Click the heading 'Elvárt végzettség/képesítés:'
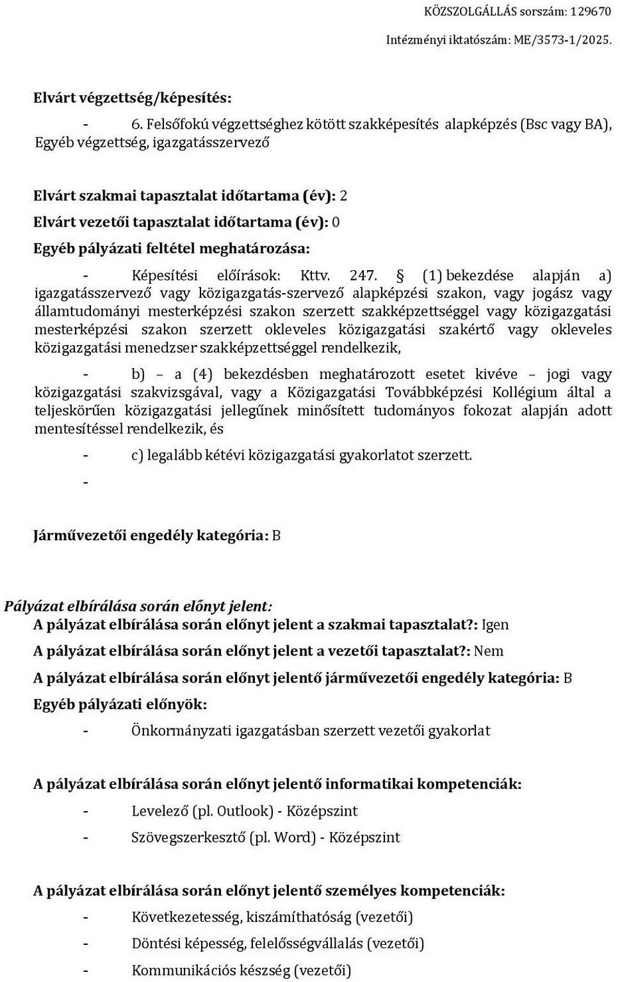click(133, 98)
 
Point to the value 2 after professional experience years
click(343, 195)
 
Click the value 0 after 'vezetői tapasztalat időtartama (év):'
click(336, 222)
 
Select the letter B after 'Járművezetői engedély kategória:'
click(276, 535)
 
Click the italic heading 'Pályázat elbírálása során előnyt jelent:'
click(138, 606)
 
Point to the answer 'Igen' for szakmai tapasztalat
click(495, 624)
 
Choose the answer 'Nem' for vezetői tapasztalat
click(489, 651)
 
